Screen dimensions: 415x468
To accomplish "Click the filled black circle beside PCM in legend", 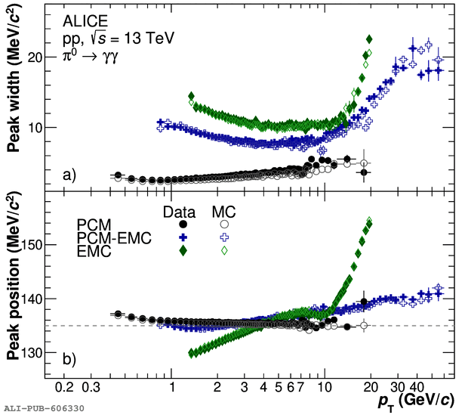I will [x=183, y=225].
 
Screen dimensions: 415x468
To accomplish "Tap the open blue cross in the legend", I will [x=224, y=237].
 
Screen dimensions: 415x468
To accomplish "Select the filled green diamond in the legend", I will [x=183, y=251].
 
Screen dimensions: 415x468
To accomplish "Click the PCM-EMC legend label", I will [x=114, y=238].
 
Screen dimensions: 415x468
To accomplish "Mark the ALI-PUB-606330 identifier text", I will [x=44, y=409].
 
